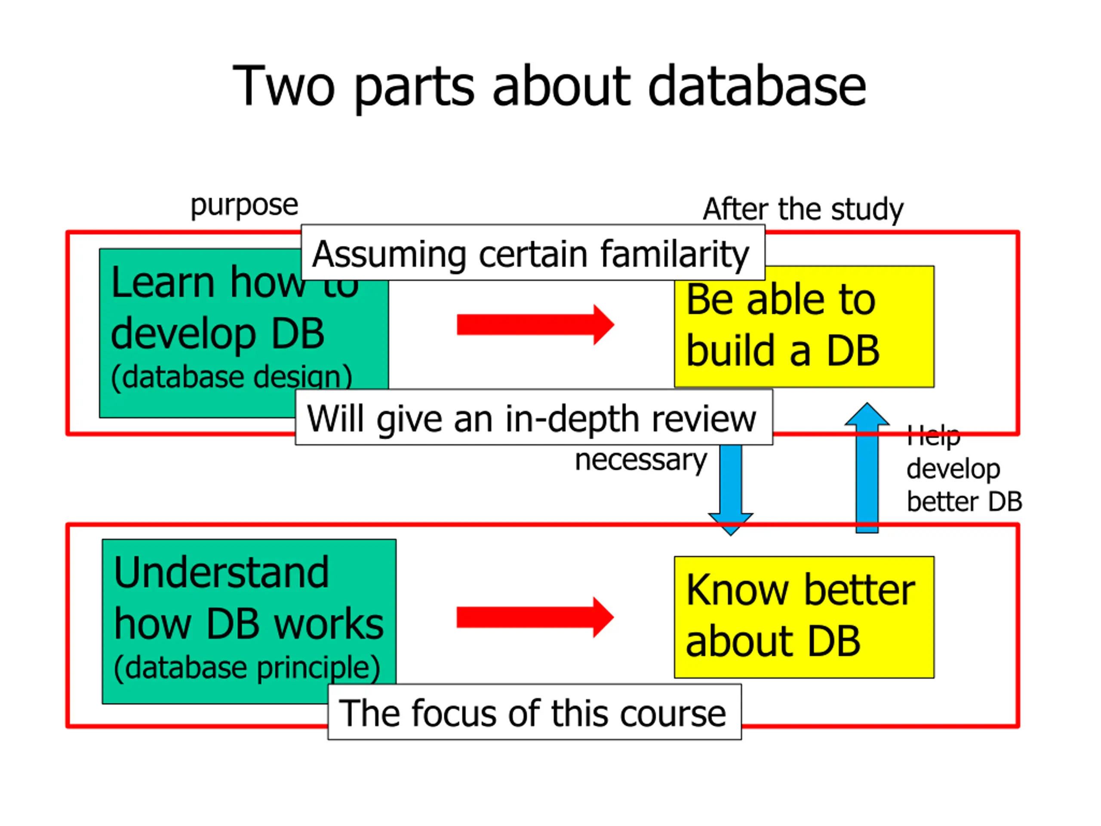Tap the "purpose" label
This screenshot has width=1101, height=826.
click(244, 205)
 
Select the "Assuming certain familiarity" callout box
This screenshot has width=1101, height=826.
click(532, 253)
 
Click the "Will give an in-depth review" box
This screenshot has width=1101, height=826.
click(534, 417)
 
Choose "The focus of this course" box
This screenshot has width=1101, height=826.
click(534, 712)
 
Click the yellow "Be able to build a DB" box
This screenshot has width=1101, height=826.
click(804, 326)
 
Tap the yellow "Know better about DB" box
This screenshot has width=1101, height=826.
click(804, 617)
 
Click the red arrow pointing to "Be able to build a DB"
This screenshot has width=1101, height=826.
click(535, 325)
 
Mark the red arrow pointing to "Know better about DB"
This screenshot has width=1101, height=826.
click(535, 617)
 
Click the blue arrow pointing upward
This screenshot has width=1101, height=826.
click(867, 468)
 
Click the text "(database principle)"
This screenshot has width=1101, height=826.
click(247, 668)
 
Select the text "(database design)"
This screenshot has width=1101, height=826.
click(231, 377)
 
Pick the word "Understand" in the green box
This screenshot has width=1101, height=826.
click(221, 573)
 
